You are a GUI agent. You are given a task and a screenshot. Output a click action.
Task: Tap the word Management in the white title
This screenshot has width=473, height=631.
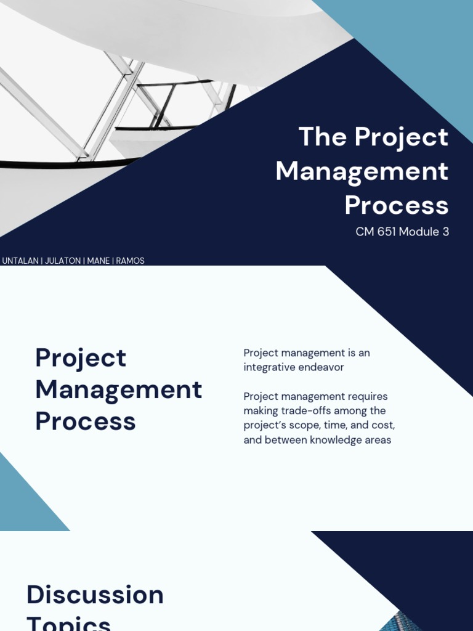coord(362,171)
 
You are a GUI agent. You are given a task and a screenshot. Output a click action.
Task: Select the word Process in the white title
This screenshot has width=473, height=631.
coord(397,205)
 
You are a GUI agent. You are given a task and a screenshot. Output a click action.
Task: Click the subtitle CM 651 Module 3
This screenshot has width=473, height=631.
coord(402,232)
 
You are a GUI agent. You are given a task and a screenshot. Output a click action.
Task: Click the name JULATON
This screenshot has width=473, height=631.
coord(63,261)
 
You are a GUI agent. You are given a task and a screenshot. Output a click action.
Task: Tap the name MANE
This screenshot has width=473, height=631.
coord(99,261)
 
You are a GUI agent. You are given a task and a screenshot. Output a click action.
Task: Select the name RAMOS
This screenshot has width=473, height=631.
coord(130,261)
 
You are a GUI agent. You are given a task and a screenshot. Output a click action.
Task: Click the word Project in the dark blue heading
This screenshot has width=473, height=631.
coord(81,358)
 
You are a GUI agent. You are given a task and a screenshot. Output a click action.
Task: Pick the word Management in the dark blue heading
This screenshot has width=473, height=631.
coord(119,389)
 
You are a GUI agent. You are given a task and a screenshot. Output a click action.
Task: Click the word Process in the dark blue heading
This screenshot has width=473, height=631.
coord(86,421)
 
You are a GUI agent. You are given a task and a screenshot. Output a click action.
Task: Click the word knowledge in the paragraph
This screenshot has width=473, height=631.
coord(321,440)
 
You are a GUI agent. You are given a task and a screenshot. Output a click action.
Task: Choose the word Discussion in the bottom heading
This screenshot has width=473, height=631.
coord(95,595)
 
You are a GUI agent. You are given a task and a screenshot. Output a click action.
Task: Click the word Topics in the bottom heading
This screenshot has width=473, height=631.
coord(69,622)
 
